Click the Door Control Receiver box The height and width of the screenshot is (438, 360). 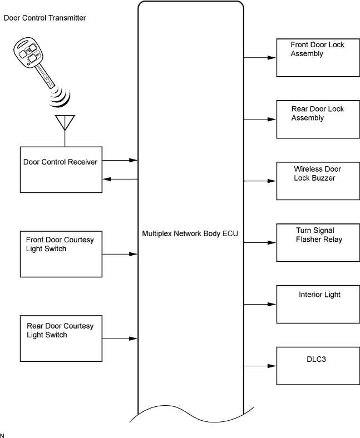coord(61,170)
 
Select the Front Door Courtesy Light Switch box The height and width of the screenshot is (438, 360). coord(61,253)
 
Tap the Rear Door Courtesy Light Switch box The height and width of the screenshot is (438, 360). coord(61,338)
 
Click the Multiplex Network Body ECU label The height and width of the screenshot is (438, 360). coord(190,233)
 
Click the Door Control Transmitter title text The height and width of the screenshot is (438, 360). coord(45,18)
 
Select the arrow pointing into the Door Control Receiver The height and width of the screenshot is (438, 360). coord(120,179)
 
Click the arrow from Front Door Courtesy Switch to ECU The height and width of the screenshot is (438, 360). coord(120,254)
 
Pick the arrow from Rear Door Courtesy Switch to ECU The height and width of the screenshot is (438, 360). coord(120,338)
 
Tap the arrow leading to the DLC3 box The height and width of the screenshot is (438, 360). coord(260,366)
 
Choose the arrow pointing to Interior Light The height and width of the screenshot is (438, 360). coord(260,305)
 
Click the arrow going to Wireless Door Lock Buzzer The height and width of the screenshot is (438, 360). coord(260,181)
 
